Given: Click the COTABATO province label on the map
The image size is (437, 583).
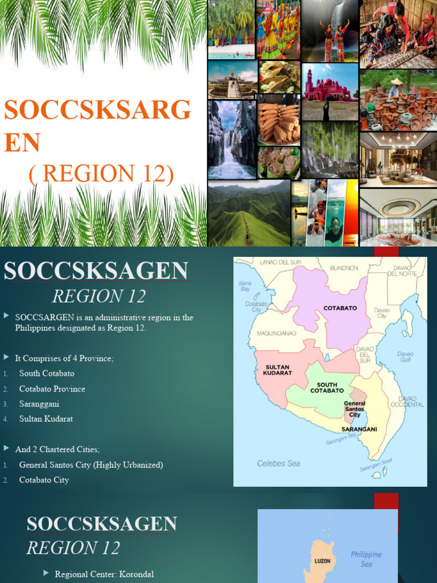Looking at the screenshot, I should coord(340,308).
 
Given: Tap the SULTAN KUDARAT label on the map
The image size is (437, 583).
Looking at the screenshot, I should coord(277,371).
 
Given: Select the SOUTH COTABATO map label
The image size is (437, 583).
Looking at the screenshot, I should coord(327,388).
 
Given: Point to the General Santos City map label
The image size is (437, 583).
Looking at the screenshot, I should coord(354,409).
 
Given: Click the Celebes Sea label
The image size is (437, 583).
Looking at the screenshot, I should coord(278,463).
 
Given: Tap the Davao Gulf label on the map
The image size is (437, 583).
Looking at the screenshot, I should coord(405,356).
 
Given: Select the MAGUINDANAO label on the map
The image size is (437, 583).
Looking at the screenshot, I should coord(274,333).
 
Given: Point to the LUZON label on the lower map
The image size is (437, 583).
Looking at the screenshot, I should coord(323,561).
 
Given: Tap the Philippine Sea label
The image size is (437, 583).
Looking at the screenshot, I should coord(366,559).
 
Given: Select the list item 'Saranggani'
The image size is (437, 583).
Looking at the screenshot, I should coord(39,404).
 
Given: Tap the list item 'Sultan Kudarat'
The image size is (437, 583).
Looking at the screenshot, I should coord(46,418).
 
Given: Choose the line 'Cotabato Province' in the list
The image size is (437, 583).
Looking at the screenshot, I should coord(52,389).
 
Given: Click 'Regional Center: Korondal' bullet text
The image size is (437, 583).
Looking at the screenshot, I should coord(104,574).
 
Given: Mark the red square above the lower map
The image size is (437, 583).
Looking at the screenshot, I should coord(386,501).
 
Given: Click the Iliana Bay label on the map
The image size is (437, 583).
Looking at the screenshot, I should coord(245,285).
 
